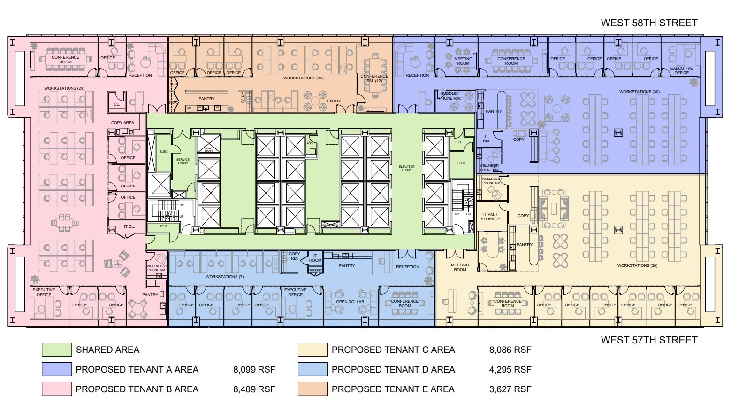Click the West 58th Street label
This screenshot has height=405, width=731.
pos(649,23)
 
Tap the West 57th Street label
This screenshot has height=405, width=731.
pos(649,340)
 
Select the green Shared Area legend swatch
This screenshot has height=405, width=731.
pos(57,350)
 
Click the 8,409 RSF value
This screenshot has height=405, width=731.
pos(254,389)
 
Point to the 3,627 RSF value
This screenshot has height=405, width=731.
pos(510,389)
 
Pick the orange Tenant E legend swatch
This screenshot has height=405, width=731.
pos(312,389)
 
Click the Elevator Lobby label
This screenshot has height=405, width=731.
pos(406,168)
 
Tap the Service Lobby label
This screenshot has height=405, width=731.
pos(183,161)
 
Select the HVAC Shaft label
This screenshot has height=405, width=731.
pos(209,149)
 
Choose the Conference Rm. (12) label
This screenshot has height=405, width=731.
pos(374,78)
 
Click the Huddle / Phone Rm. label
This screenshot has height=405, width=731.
pos(449,96)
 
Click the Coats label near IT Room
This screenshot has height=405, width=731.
pos(315,271)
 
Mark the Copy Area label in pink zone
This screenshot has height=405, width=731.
pos(122,123)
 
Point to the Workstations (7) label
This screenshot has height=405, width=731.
pos(225,277)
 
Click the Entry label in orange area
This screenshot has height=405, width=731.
pos(334,101)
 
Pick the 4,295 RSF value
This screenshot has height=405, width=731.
pos(510,369)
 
